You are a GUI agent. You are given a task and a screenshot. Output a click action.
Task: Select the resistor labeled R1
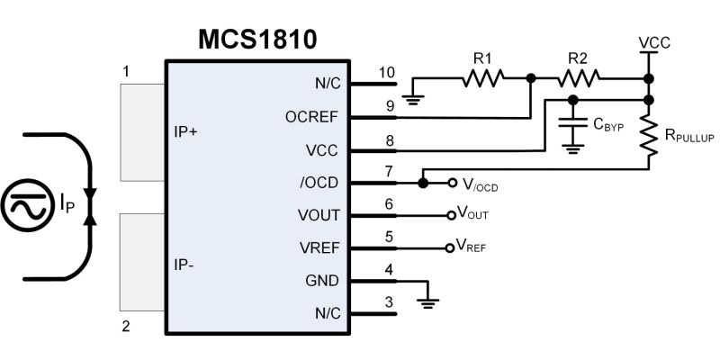(483, 80)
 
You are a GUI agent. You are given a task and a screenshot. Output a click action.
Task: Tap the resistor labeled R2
(577, 80)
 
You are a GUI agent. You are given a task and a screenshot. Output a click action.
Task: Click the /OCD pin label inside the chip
(320, 183)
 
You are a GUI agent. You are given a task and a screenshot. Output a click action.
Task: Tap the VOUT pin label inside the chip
(319, 215)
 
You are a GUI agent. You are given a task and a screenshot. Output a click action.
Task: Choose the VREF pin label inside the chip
(319, 247)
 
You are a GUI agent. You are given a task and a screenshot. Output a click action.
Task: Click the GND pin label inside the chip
(322, 281)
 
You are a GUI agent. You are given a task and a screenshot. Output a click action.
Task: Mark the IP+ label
(185, 131)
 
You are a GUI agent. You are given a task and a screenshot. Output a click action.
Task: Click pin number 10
(387, 72)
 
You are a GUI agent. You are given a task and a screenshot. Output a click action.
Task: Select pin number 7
(388, 171)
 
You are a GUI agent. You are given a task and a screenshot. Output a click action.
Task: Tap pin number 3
(388, 301)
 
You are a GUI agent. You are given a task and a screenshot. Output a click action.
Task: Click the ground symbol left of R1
(414, 96)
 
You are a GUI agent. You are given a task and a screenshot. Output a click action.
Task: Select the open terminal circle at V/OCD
(453, 183)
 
